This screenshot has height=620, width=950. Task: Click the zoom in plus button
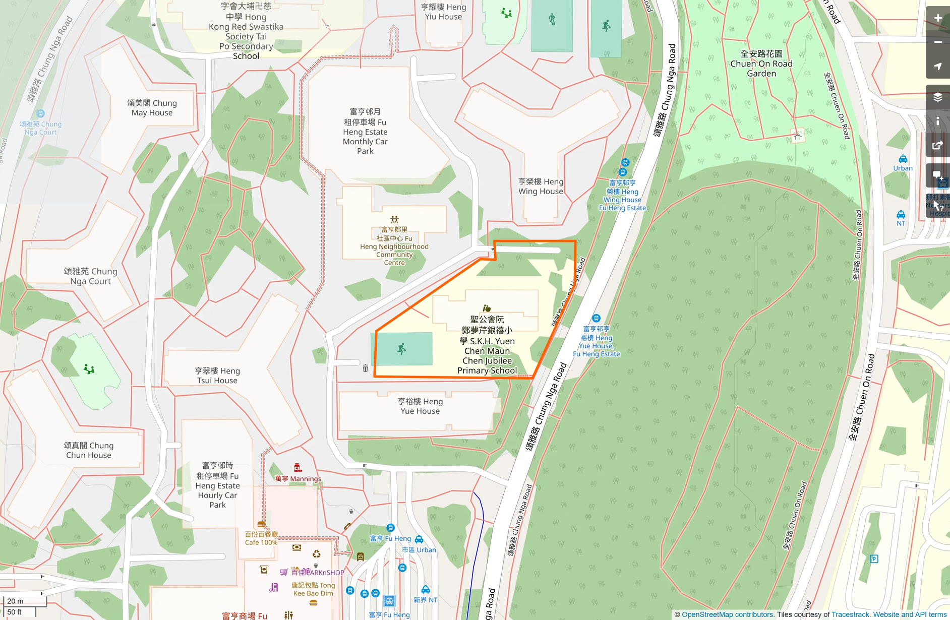[938, 18]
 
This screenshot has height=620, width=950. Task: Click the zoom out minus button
[938, 42]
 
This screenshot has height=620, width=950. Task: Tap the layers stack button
[938, 97]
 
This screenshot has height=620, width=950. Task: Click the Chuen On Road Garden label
[761, 64]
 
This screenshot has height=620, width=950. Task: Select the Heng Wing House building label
[541, 187]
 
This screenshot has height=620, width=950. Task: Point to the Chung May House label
[152, 108]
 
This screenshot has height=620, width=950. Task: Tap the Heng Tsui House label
[217, 376]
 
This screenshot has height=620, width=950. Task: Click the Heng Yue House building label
[420, 406]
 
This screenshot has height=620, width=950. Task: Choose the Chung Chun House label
[89, 450]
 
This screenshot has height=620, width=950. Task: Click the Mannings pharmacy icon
[298, 468]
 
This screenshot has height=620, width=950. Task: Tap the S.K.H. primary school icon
[487, 308]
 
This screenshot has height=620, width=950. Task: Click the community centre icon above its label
[394, 220]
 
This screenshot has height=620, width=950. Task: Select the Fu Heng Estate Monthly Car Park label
[365, 132]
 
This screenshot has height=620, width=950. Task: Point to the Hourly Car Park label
[217, 485]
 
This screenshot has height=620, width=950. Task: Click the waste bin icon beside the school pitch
[365, 368]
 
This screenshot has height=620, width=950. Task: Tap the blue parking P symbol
[874, 559]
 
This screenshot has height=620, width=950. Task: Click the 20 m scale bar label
[15, 601]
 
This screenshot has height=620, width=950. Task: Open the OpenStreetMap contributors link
[727, 614]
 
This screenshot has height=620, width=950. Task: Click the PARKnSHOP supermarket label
[318, 573]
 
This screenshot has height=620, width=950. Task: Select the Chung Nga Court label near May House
[41, 128]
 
